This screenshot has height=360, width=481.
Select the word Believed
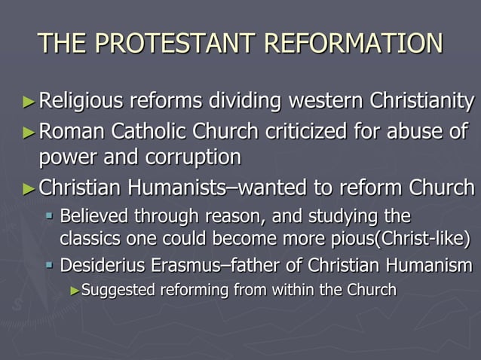click(93, 218)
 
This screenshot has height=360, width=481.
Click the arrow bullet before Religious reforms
click(29, 101)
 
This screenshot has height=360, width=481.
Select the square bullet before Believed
click(50, 218)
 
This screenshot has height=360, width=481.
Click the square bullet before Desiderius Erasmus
click(50, 266)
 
